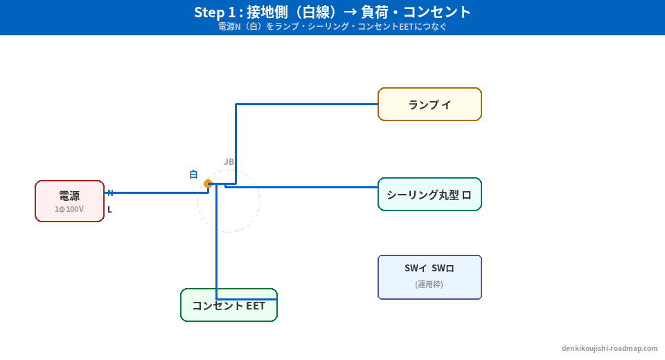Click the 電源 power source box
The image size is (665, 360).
[69, 201]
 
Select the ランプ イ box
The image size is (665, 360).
[429, 105]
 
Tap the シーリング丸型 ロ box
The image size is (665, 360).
[429, 195]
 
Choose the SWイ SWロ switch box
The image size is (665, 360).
[429, 277]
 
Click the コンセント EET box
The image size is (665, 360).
[229, 305]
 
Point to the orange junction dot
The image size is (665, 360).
[208, 184]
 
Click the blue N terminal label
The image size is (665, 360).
[110, 192]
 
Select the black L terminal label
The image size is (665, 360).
[109, 209]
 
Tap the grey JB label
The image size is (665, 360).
[229, 162]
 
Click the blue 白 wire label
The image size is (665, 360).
[194, 174]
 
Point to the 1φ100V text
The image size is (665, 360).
[69, 209]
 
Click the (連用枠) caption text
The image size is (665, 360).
[429, 285]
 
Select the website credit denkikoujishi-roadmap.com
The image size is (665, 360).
[610, 348]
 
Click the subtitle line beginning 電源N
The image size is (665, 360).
[332, 27]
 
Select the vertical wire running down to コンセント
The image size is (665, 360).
[217, 242]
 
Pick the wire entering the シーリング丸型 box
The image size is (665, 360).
[312, 187]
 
